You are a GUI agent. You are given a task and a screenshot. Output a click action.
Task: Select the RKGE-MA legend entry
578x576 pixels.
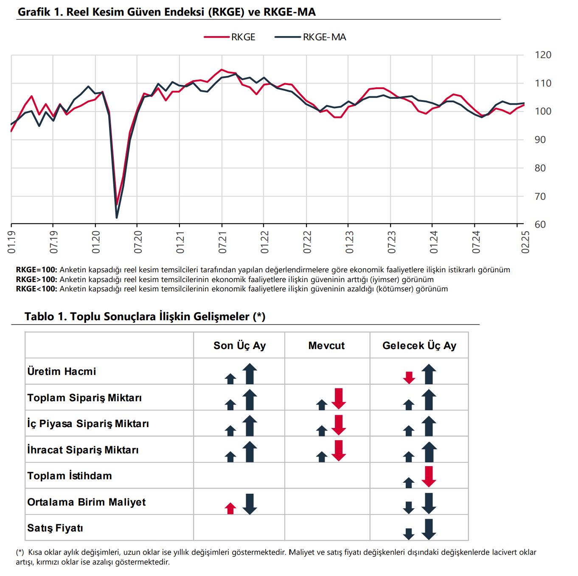coord(310,37)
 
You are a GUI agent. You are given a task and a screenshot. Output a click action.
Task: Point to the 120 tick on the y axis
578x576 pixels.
coord(543,55)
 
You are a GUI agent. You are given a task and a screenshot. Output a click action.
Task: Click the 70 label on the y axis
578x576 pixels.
coord(540,196)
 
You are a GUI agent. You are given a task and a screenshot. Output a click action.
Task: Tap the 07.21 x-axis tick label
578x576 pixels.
coord(222,242)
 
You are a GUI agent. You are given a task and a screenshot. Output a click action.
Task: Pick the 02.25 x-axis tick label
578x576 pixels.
coord(525,242)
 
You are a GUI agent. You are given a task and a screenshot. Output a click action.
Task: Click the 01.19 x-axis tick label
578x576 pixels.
coord(11,242)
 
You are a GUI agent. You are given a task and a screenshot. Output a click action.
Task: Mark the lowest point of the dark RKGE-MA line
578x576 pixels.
coord(117,218)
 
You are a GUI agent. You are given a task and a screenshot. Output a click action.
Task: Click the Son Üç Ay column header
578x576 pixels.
coord(239,346)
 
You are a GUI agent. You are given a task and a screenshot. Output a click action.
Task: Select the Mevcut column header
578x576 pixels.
coord(326,346)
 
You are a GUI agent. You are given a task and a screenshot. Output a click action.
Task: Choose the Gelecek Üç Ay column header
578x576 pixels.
coord(419,346)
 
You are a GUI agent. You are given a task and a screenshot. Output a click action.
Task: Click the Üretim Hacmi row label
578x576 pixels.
coord(62,372)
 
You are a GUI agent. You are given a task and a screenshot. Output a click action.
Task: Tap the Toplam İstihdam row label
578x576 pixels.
coord(70,476)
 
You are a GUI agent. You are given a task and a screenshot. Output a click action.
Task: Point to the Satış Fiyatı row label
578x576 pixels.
coord(55,528)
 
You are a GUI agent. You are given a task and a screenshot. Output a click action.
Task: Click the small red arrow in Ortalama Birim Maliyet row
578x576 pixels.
coord(230,508)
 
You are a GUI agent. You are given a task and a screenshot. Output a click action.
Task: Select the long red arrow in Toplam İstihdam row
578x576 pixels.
coord(429,476)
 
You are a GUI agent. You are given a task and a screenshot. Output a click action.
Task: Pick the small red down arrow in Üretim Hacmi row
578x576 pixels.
coord(409,377)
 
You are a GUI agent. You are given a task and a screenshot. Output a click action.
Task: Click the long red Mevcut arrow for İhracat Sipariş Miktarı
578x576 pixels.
coord(339,450)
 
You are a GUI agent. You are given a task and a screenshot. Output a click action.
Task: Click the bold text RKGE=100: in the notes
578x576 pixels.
coord(36,270)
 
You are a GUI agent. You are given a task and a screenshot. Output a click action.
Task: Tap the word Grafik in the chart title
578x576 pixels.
coord(34,12)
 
